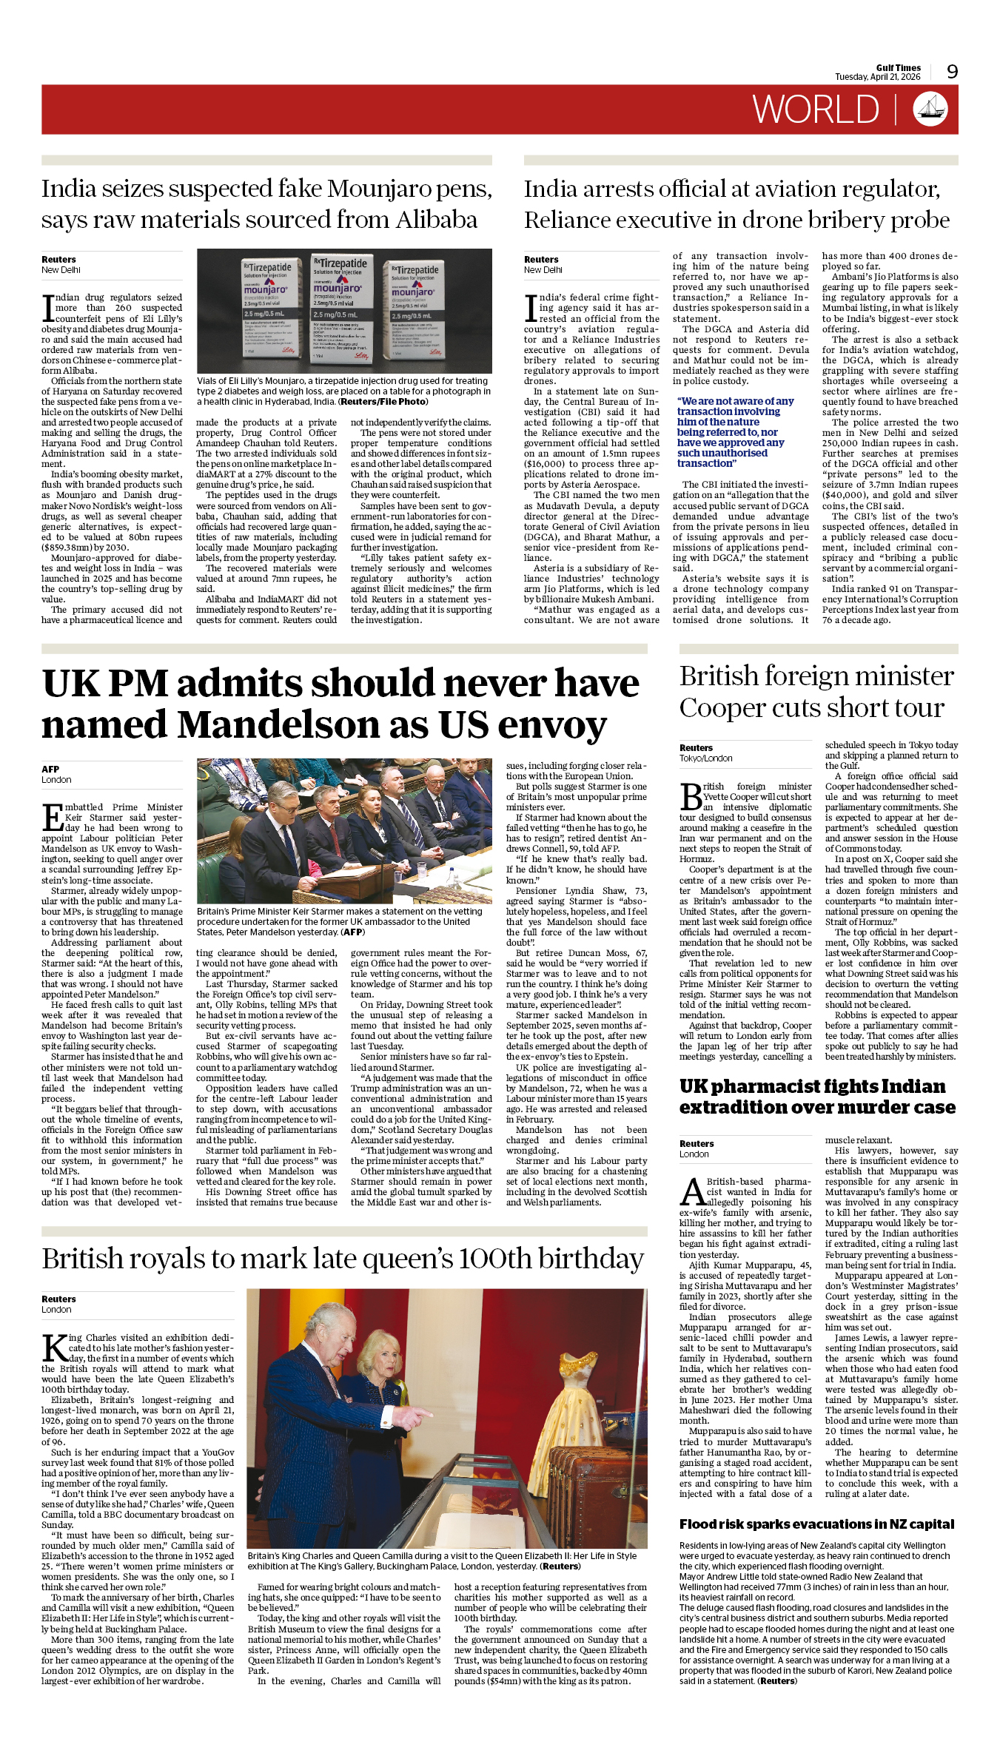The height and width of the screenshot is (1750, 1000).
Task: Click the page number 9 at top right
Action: (x=952, y=71)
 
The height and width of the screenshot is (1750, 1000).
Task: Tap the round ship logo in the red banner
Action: (x=930, y=109)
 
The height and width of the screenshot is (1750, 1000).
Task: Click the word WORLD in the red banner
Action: (x=816, y=110)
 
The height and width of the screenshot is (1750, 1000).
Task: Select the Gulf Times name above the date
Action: (x=898, y=67)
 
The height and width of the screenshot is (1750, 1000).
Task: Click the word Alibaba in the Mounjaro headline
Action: (x=437, y=220)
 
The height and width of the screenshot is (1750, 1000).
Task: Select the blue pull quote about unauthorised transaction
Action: (x=735, y=432)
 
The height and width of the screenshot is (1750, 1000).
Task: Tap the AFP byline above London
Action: (x=50, y=769)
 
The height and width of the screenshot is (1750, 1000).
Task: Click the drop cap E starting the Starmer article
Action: (x=53, y=817)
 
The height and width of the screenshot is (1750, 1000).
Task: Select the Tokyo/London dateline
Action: (x=705, y=758)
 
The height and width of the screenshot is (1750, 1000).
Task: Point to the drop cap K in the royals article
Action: (x=55, y=1347)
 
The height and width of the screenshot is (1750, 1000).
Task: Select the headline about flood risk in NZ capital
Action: (x=816, y=1524)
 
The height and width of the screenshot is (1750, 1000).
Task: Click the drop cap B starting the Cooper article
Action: (x=691, y=796)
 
